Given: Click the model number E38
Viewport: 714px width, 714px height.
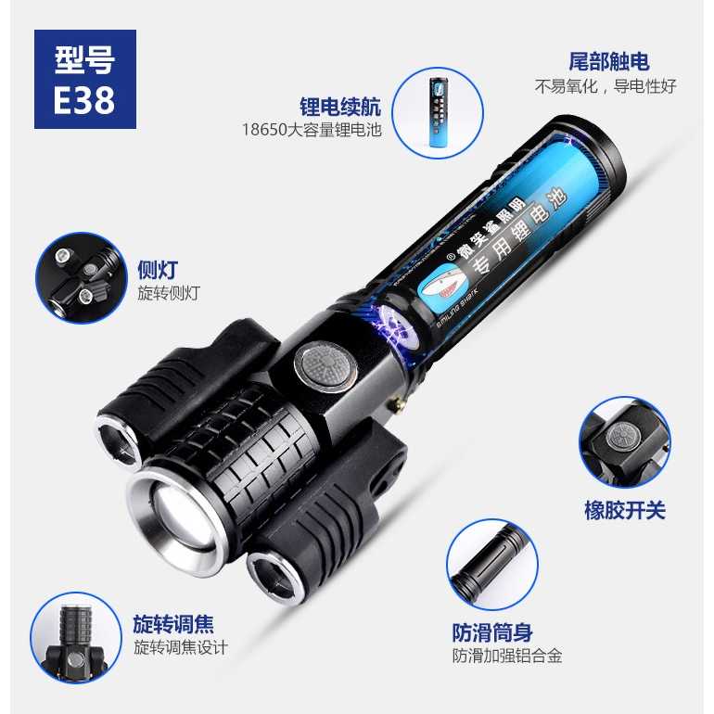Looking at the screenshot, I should pyautogui.click(x=84, y=99).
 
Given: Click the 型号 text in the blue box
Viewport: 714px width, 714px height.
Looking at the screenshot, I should pyautogui.click(x=84, y=59).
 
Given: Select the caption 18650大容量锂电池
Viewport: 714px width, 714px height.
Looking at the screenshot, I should pyautogui.click(x=312, y=130).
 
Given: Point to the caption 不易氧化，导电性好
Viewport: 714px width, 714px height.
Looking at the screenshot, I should pyautogui.click(x=606, y=86).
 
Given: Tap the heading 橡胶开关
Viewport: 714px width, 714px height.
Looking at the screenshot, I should pyautogui.click(x=625, y=510).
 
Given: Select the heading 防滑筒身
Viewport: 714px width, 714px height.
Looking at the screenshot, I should pyautogui.click(x=492, y=632).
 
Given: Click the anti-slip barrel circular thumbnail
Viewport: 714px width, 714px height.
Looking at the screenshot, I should pyautogui.click(x=492, y=564).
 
